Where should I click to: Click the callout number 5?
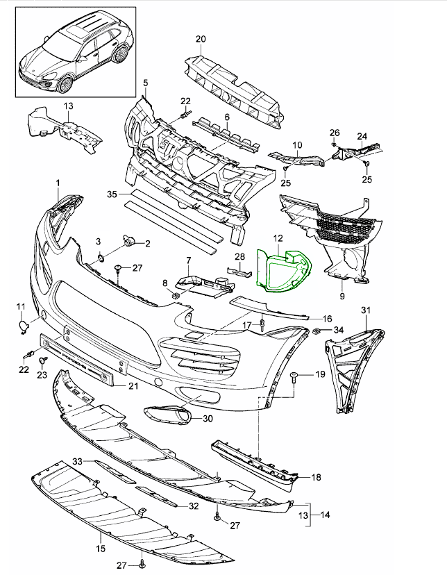coord(146,83)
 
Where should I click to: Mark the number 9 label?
coord(342,297)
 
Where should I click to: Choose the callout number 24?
coord(361,136)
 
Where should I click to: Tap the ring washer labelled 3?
coord(99,258)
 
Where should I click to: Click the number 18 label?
coord(316,477)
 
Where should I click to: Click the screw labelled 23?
coord(42,361)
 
